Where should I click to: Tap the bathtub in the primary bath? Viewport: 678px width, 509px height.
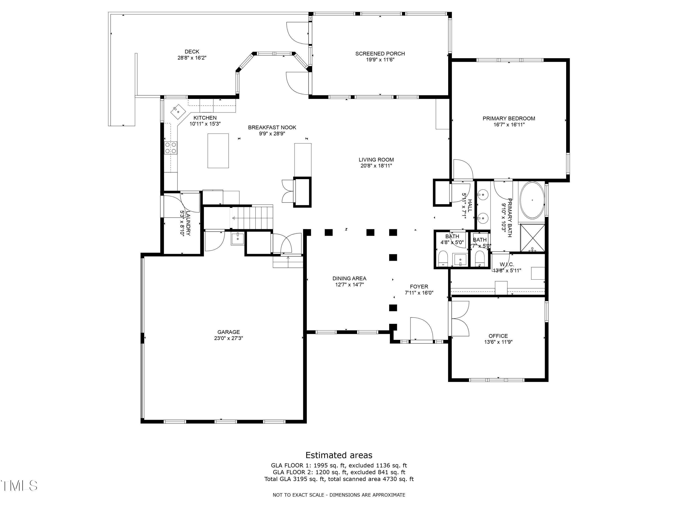pyautogui.click(x=532, y=200)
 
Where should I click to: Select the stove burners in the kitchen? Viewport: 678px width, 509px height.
pyautogui.click(x=171, y=147)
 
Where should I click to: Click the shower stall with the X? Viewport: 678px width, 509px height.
pyautogui.click(x=533, y=238)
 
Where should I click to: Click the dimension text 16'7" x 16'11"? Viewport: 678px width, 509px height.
pyautogui.click(x=509, y=125)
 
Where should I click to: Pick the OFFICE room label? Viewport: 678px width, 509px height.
pyautogui.click(x=498, y=336)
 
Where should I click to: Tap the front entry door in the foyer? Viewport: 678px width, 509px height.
pyautogui.click(x=421, y=330)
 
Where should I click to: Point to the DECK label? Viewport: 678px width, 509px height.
pyautogui.click(x=192, y=52)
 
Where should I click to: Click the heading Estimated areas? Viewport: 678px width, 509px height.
pyautogui.click(x=339, y=455)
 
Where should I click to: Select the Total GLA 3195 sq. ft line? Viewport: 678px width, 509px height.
pyautogui.click(x=339, y=479)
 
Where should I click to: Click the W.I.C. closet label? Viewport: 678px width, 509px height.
pyautogui.click(x=507, y=264)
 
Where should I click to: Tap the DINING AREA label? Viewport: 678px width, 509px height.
pyautogui.click(x=349, y=278)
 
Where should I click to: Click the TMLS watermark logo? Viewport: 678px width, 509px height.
pyautogui.click(x=19, y=485)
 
